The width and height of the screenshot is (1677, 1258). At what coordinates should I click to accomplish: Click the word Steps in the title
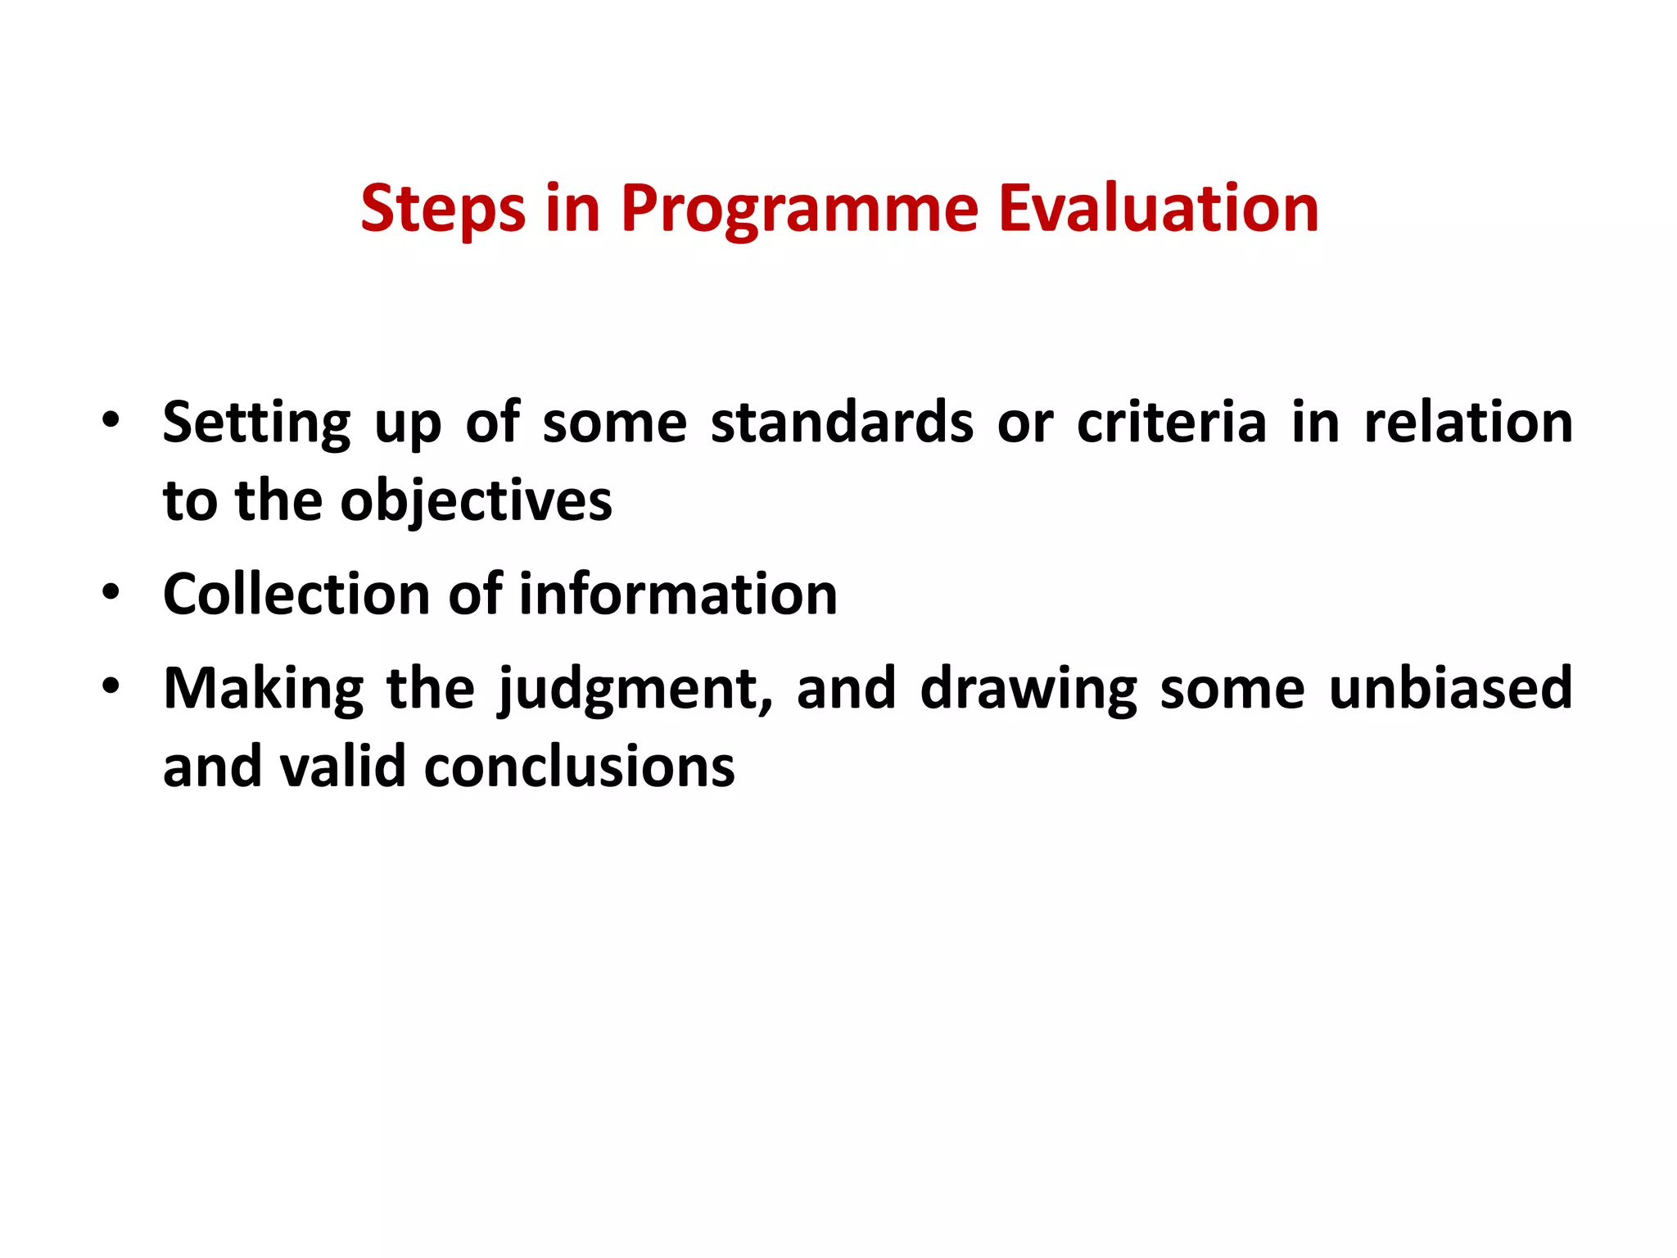tap(442, 210)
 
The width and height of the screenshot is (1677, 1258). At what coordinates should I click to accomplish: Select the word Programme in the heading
tap(798, 210)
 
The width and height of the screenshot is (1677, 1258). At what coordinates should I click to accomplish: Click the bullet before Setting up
tap(111, 421)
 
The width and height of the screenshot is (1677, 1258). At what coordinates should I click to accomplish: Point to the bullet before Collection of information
tap(111, 592)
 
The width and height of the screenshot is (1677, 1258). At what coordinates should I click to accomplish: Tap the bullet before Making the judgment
tap(111, 686)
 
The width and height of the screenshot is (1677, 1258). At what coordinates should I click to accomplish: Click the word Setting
tap(256, 424)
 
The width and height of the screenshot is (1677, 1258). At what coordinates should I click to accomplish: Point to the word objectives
tap(476, 501)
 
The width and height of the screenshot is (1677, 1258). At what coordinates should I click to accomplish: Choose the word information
tap(678, 594)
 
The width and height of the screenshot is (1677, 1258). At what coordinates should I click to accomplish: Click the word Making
tap(263, 690)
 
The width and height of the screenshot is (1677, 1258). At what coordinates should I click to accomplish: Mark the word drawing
tap(1028, 690)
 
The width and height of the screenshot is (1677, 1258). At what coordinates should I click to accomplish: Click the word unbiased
tap(1450, 688)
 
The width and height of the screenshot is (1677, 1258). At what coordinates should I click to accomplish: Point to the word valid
tap(342, 767)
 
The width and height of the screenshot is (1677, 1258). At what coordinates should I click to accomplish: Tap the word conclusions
tap(579, 767)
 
